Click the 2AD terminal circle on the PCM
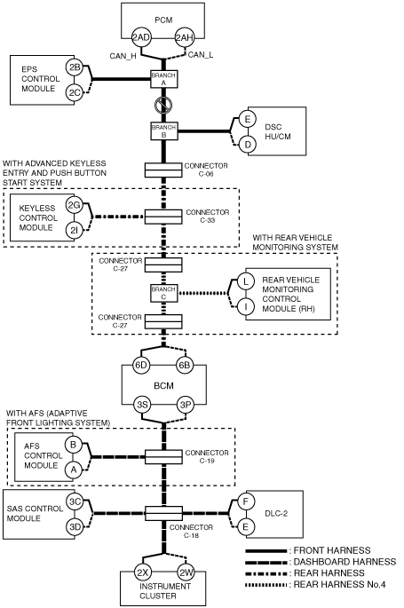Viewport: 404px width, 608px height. [141, 37]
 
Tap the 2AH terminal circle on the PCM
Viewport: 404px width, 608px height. [184, 37]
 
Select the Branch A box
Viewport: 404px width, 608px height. [163, 79]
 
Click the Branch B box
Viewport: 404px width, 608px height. [163, 131]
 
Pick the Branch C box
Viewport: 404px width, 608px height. [163, 293]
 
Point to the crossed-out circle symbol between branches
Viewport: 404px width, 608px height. [163, 105]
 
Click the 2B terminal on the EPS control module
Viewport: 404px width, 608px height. [74, 67]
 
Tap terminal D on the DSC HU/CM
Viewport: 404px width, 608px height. [247, 145]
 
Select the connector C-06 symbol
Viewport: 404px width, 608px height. [163, 170]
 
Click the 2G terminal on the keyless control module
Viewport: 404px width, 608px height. [74, 205]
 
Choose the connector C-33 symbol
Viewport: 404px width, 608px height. [163, 217]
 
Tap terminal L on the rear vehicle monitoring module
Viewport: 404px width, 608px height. [245, 281]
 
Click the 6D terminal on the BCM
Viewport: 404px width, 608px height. [141, 366]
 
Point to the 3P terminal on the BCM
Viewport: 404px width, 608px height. [186, 405]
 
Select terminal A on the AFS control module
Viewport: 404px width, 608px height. [74, 470]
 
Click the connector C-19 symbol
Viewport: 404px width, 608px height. [163, 457]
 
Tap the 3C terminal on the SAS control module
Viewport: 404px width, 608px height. [75, 501]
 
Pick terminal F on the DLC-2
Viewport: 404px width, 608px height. [245, 501]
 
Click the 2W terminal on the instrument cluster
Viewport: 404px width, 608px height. [186, 572]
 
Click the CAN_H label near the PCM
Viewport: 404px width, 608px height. [123, 56]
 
